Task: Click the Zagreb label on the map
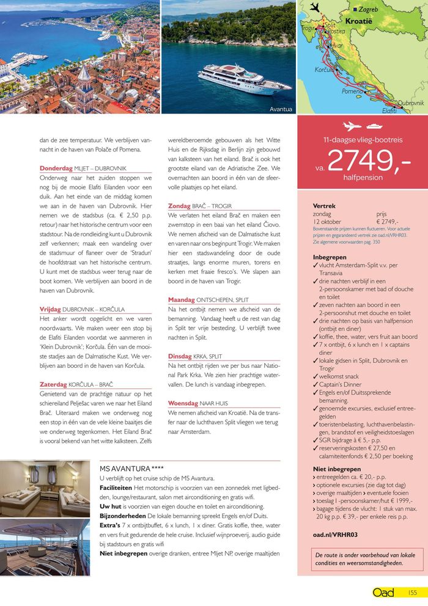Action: tap(369, 10)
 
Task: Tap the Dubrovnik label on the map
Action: tap(410, 103)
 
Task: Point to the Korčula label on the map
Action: tap(324, 70)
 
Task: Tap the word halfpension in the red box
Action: tap(363, 177)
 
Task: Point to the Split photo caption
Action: tap(149, 110)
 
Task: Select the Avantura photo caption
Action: tap(281, 110)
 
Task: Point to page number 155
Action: tap(412, 592)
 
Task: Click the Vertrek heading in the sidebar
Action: tap(324, 206)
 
